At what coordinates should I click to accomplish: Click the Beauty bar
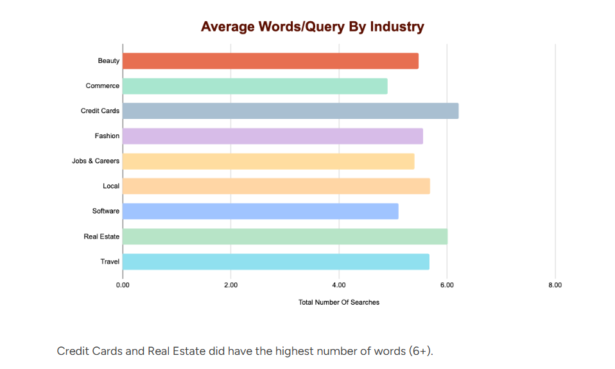(270, 61)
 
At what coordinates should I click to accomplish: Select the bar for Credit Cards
(290, 111)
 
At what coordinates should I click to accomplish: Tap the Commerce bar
(255, 86)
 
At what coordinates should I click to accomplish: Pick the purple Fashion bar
(272, 136)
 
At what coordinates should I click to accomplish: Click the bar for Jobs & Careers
(268, 161)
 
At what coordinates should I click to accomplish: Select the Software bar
(260, 212)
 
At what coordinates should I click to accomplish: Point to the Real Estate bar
(285, 237)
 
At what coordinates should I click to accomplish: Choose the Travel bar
(276, 262)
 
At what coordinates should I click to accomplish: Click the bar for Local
(276, 186)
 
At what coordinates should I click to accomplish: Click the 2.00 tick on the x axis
(230, 285)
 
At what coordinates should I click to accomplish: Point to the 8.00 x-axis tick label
(555, 285)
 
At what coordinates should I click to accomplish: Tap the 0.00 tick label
(123, 285)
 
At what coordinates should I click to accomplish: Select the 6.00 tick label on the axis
(447, 285)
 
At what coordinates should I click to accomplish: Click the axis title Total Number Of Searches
(339, 302)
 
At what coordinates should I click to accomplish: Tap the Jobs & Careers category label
(96, 161)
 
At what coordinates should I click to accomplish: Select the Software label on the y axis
(106, 212)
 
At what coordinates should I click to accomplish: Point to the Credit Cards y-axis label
(100, 111)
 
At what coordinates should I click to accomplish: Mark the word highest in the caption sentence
(295, 352)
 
